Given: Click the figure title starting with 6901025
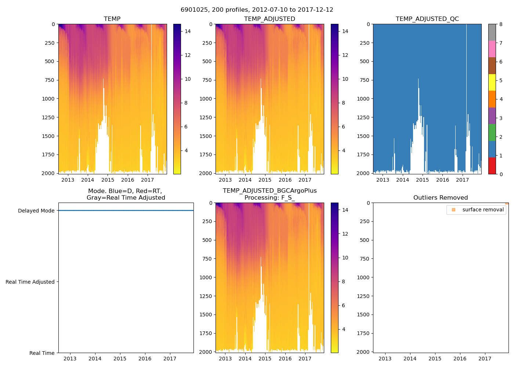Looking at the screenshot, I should (257, 10).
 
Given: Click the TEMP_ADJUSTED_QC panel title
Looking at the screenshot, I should (427, 19).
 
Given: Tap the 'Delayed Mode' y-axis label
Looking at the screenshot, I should (36, 211).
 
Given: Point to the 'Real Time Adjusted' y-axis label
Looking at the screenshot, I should (30, 282).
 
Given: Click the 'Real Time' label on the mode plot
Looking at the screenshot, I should (42, 353).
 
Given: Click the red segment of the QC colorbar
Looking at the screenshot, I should (492, 166).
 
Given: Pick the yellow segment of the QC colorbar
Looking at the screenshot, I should (492, 82).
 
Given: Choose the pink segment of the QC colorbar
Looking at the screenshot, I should (492, 49).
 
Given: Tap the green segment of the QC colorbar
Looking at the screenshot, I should (492, 132).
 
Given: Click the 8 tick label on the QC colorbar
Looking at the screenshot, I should (501, 25).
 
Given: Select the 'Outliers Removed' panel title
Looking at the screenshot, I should (441, 198).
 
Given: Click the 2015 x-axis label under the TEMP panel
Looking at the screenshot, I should (108, 180).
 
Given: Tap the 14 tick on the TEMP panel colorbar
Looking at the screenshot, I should (188, 32).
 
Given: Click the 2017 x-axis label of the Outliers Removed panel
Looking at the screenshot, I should (485, 359).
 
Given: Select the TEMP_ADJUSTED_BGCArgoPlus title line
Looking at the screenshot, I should (269, 191).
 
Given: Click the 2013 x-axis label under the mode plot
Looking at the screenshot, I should (70, 359).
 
